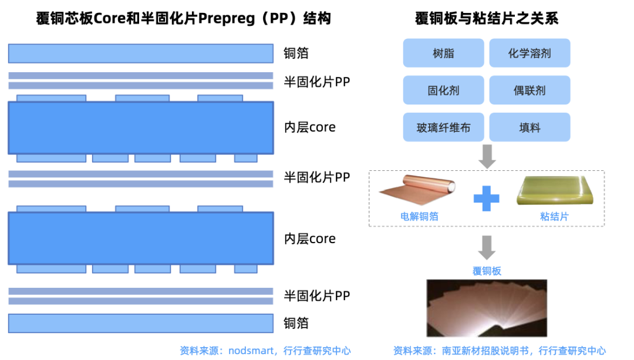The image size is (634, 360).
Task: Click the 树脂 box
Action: [443, 53]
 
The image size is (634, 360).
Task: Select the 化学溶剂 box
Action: [530, 53]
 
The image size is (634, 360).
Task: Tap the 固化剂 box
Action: [443, 90]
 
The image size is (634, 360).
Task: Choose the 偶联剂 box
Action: [530, 90]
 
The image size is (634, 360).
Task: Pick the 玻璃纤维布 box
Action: [443, 127]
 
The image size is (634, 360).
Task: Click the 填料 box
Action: [530, 127]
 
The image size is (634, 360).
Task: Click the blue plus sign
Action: [486, 198]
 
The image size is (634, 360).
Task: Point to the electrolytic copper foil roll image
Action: [419, 191]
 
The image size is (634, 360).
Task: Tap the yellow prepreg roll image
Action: [554, 190]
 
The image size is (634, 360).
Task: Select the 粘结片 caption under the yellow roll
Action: [554, 217]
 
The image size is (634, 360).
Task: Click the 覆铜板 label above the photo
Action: [487, 271]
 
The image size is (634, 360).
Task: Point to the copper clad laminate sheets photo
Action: [487, 307]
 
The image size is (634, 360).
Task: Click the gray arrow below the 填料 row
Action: [487, 156]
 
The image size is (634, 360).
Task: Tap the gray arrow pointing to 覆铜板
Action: [487, 247]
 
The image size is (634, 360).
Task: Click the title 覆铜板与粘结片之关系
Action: [486, 19]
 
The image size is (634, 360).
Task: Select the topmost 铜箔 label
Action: [296, 53]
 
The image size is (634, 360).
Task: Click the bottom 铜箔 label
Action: [296, 324]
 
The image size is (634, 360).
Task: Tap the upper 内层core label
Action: [309, 127]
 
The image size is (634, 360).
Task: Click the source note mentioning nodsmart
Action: [265, 351]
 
